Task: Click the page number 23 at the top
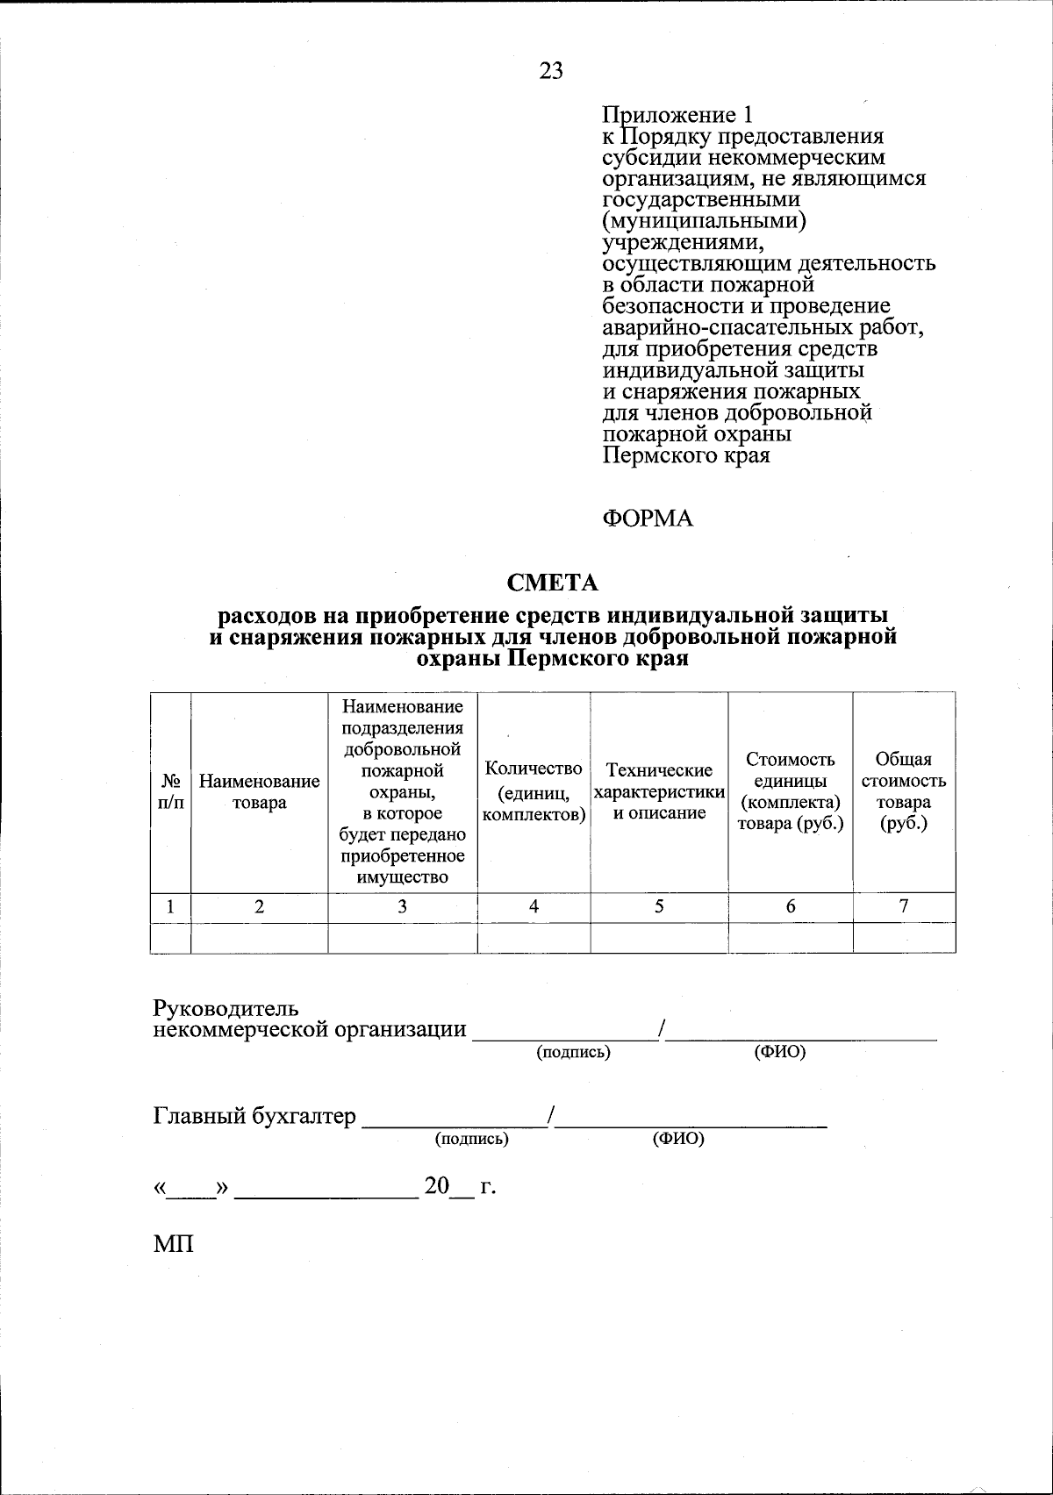[x=551, y=71]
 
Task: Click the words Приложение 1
[x=677, y=115]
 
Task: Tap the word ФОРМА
[x=648, y=519]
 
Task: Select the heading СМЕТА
[x=553, y=583]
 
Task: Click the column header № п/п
[x=171, y=792]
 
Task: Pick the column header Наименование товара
[x=260, y=792]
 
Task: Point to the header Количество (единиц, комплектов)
[x=534, y=792]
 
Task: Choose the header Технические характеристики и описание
[x=659, y=792]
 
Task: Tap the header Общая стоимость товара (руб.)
[x=904, y=792]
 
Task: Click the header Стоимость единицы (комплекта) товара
[x=790, y=792]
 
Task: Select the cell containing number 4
[x=534, y=907]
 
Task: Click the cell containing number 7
[x=904, y=907]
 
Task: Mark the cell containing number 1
[x=170, y=907]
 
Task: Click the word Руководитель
[x=226, y=1009]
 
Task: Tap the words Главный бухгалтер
[x=255, y=1116]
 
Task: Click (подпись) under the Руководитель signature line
[x=573, y=1052]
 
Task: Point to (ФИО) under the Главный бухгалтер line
[x=678, y=1139]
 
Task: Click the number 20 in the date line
[x=436, y=1187]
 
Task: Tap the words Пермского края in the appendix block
[x=686, y=455]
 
